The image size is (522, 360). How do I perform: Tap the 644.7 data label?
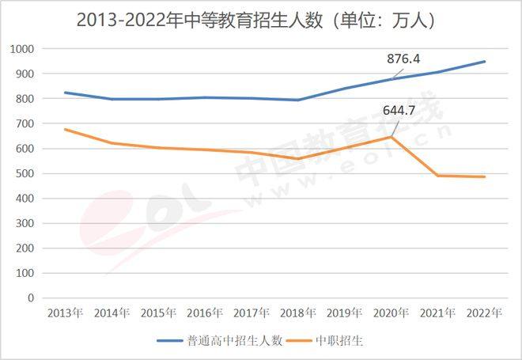coord(399,110)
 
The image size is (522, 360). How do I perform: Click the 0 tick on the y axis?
coord(31,298)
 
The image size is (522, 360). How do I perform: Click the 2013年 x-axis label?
coord(65,313)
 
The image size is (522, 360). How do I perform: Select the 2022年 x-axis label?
coord(484,313)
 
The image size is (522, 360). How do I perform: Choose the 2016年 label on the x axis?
coord(205,313)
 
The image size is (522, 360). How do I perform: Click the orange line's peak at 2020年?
coord(391,137)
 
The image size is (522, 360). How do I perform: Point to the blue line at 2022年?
coord(484,62)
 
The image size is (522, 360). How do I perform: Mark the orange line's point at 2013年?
coord(65,129)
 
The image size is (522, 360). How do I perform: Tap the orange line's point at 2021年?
coord(437,175)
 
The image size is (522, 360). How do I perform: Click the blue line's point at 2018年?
coord(297,100)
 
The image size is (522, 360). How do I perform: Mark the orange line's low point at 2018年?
coord(297,158)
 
